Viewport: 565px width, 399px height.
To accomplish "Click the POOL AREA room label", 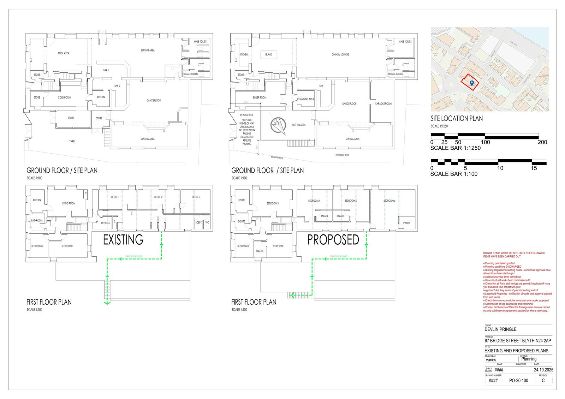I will (63, 53).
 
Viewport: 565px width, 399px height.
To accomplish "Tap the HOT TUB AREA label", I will (298, 125).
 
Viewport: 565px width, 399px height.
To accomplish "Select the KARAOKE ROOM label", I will (383, 103).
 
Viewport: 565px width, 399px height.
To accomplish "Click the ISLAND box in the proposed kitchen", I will (269, 55).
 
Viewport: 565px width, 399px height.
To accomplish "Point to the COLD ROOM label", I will (64, 97).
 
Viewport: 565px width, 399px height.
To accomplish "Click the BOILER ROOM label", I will (259, 97).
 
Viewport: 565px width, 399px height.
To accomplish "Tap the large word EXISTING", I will (123, 240).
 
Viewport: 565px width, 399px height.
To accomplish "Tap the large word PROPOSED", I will (333, 240).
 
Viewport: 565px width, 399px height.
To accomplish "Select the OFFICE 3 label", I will (196, 197).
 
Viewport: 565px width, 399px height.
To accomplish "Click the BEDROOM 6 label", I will (389, 201).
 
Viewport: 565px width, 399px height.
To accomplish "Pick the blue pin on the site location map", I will (472, 83).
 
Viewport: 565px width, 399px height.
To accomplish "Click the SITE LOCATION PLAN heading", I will (457, 119).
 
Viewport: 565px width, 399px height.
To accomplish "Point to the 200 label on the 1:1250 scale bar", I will (542, 142).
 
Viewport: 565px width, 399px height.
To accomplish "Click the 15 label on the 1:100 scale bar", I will (534, 168).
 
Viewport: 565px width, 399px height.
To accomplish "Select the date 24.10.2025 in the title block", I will (543, 370).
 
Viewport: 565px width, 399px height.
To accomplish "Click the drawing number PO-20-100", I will (518, 381).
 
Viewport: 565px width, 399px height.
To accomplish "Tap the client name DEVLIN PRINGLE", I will (500, 329).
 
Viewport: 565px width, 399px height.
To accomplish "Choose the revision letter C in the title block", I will (543, 381).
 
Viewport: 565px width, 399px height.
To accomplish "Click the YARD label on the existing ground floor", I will (72, 141).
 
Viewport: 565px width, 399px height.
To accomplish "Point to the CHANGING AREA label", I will (305, 99).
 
